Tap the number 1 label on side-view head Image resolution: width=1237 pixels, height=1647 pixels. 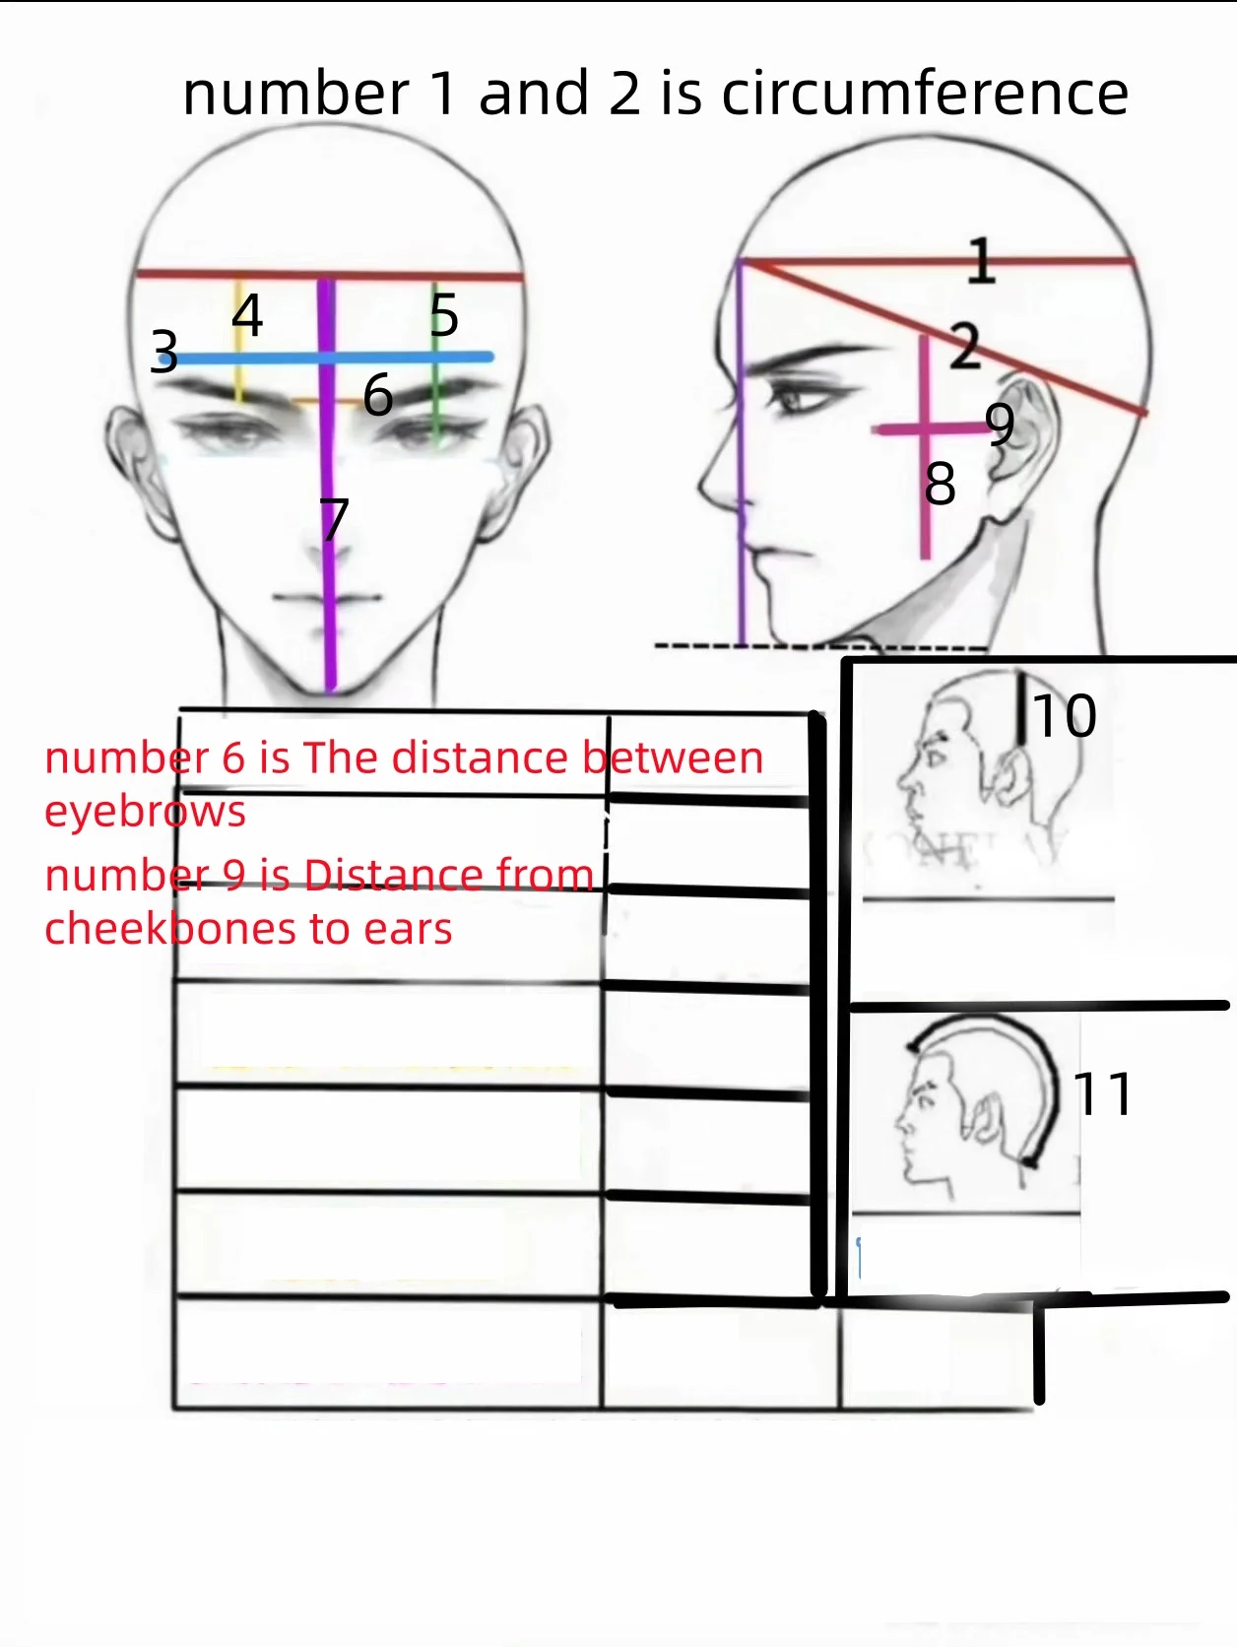(x=981, y=260)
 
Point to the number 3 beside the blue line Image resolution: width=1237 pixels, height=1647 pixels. (x=164, y=351)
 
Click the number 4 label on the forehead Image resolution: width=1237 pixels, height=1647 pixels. (x=247, y=315)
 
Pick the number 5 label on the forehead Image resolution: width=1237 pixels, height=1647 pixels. (x=444, y=315)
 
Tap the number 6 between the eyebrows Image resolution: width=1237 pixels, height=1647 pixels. (x=377, y=395)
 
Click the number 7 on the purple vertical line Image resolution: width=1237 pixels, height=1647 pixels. (x=335, y=518)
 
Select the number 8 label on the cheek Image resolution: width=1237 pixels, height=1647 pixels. (x=940, y=484)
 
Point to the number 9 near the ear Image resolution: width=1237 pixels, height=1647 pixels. (x=1000, y=424)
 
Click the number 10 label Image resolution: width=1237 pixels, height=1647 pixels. (x=1065, y=716)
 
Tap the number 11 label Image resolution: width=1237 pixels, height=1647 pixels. (x=1103, y=1094)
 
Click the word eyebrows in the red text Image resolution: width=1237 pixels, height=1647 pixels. (x=145, y=812)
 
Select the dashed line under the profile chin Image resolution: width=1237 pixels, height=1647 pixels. (x=820, y=646)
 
